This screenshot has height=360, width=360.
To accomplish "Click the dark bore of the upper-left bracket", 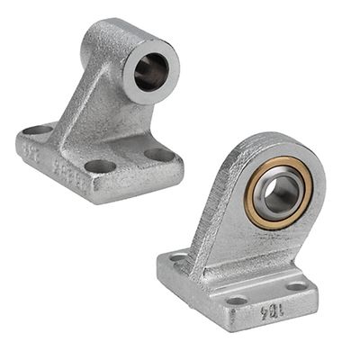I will click(150, 73).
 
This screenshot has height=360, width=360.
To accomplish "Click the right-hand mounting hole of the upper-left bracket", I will click(160, 154).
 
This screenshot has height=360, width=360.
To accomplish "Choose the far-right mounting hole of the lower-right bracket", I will click(296, 286).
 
